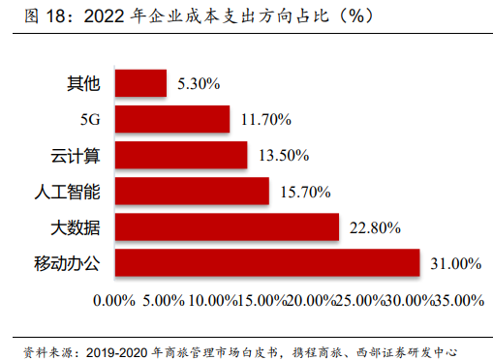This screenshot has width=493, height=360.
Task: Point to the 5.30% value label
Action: click(200, 84)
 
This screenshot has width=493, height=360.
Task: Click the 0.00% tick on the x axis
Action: click(114, 301)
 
